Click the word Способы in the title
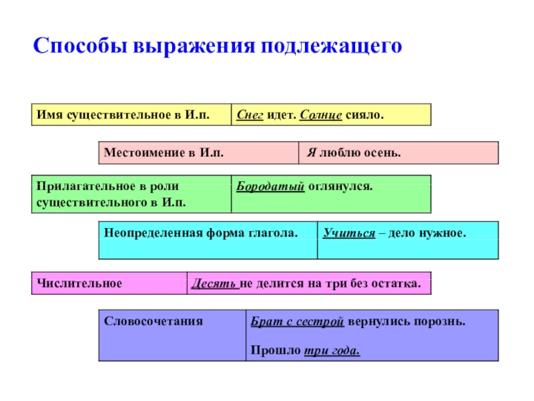80,47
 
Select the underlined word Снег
250,115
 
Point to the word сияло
365,115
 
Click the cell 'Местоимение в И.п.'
198,153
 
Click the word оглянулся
340,184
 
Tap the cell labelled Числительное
108,283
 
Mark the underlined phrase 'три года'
332,351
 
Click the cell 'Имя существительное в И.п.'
130,115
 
